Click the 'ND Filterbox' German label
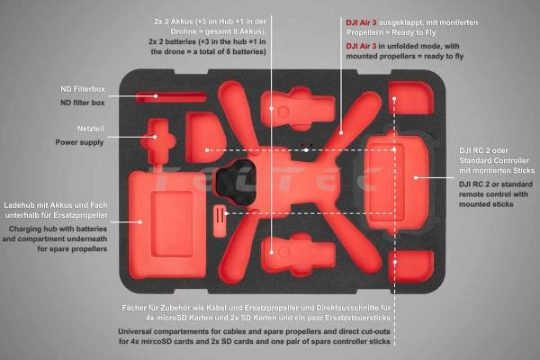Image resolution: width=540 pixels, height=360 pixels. (83, 89)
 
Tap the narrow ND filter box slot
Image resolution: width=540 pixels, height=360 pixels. (171, 97)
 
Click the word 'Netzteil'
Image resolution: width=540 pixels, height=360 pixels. (91, 129)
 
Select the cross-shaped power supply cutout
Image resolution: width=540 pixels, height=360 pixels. (158, 141)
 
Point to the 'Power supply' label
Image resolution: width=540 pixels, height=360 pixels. (79, 142)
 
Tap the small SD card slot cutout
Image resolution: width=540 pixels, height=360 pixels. (220, 221)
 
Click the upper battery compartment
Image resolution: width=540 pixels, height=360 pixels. (298, 108)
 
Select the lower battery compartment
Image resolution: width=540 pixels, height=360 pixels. (298, 254)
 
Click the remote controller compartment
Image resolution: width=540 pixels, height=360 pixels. (397, 182)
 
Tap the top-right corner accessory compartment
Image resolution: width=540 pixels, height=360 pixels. (411, 98)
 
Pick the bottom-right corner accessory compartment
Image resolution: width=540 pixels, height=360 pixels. (411, 266)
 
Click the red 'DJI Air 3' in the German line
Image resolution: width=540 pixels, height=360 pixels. (361, 22)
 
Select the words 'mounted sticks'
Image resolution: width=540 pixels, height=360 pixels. (486, 204)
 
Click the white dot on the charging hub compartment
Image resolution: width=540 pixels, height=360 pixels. (139, 222)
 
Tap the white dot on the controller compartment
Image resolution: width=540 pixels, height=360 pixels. (416, 178)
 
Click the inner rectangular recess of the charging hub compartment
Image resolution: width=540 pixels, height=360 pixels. (172, 224)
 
